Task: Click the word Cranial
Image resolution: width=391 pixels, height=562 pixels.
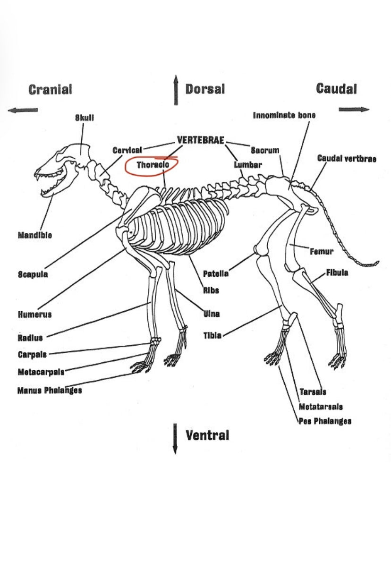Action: (50, 89)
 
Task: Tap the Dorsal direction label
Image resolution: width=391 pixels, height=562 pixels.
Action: (204, 89)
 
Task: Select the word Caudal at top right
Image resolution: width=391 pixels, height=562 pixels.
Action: (336, 88)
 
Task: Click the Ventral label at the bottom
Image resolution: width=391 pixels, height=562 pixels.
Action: (207, 435)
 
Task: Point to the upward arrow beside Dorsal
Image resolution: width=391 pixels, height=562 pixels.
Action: (175, 90)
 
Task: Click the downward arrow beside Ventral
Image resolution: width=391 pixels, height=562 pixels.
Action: (175, 439)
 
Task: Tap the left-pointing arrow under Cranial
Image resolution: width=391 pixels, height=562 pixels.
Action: (23, 110)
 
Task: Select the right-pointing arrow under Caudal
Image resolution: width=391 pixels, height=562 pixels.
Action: (354, 110)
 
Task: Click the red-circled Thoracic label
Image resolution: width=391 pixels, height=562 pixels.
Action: (153, 165)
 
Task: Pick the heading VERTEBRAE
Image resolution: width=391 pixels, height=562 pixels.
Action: (200, 140)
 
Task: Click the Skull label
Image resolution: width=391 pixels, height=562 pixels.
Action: (85, 118)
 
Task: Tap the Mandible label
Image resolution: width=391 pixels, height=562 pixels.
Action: (34, 235)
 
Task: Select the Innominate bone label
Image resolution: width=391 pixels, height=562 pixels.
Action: (284, 115)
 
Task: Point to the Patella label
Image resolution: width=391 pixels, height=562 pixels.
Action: (216, 273)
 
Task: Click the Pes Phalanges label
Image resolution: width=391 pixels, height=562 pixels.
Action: (325, 421)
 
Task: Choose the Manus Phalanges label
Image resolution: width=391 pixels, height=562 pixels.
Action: (50, 391)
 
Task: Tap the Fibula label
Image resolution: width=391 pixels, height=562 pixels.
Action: (337, 273)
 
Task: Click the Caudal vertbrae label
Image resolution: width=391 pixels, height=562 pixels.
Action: (347, 159)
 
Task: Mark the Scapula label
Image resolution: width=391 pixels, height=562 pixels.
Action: (33, 274)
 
